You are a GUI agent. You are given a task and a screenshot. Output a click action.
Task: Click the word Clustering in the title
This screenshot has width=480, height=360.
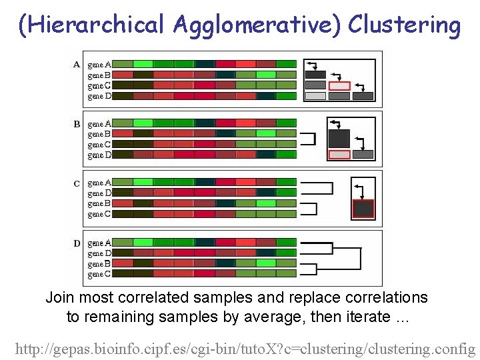click(404, 25)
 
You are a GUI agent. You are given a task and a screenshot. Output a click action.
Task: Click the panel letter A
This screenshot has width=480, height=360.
click(77, 65)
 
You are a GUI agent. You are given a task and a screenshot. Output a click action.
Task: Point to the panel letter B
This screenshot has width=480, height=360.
click(77, 124)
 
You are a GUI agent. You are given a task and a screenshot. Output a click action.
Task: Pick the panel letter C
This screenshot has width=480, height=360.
click(77, 183)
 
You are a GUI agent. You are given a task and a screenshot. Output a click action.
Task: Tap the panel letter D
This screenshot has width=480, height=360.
click(77, 243)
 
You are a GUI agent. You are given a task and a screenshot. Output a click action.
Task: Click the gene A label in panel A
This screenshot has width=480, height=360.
click(99, 65)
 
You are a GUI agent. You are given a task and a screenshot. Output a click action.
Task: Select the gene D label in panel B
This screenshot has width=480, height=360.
click(99, 155)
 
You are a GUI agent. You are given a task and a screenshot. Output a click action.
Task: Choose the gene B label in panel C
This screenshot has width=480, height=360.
click(99, 203)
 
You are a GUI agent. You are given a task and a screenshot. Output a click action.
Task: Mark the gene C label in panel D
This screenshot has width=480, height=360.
click(99, 274)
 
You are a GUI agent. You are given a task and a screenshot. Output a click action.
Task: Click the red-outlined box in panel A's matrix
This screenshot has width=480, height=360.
click(339, 85)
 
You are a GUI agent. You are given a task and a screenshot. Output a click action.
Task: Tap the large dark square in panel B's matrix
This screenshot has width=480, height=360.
click(339, 138)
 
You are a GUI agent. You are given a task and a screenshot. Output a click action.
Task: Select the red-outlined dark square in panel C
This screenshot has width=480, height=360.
click(363, 209)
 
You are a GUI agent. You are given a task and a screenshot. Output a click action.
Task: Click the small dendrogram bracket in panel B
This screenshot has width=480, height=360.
click(308, 139)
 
